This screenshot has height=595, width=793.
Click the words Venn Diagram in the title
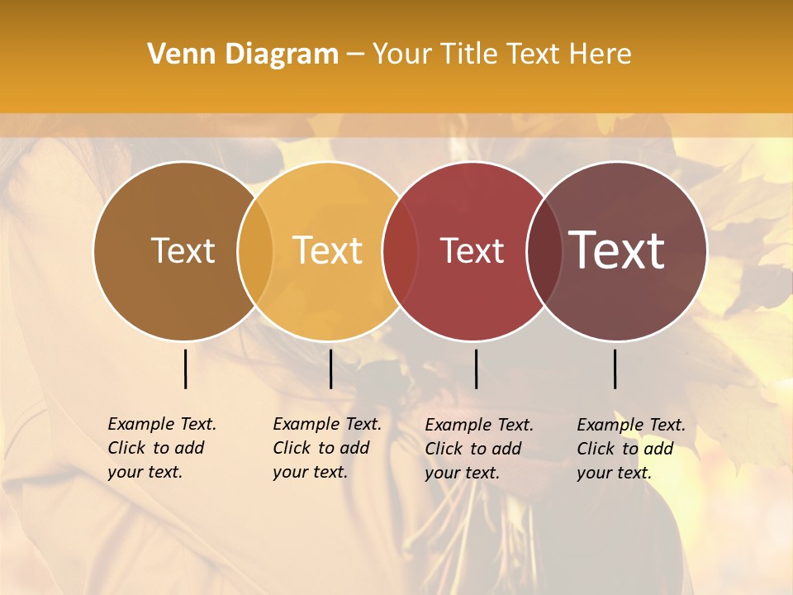tap(243, 55)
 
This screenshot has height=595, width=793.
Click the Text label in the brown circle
tap(183, 251)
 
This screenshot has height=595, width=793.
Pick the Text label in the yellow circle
tap(328, 251)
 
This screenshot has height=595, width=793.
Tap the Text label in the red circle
tap(472, 251)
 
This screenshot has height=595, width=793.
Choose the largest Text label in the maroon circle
tap(617, 250)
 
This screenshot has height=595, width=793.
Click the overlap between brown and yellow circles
tap(255, 251)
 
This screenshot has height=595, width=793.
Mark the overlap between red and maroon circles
tap(543, 251)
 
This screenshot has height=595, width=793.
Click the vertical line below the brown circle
tap(186, 369)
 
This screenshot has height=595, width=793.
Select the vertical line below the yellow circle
tap(330, 369)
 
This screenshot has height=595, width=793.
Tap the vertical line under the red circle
tap(476, 369)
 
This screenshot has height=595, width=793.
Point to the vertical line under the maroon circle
tap(615, 369)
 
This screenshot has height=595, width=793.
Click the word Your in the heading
tap(402, 55)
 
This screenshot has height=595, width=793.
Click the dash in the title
tap(355, 55)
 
